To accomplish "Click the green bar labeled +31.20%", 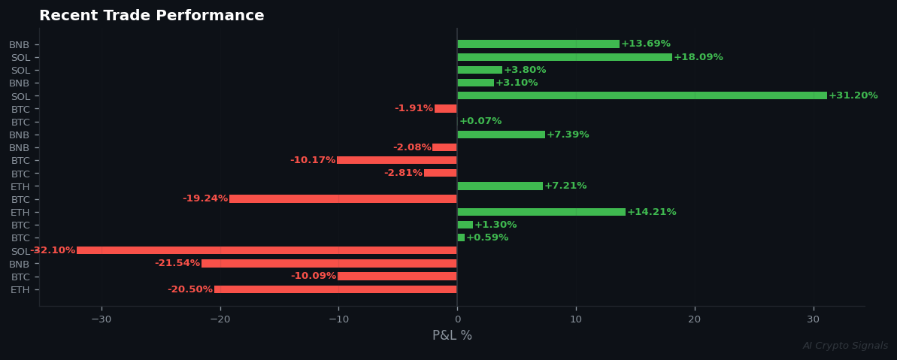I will pos(641,95).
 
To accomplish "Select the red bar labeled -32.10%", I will pos(266,250).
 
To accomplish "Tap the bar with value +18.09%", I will pos(564,57).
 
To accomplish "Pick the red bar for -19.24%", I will pos(343,199).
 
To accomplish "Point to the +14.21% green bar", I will pos(541,212).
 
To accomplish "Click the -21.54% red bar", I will pos(329,263).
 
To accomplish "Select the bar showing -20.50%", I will pos(335,289).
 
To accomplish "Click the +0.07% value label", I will pos(480,121).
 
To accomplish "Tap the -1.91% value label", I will pos(414,108).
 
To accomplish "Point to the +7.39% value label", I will pos(568,135).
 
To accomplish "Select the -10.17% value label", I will pos(313,160).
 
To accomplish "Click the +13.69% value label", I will pos(646,44).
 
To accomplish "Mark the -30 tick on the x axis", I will pos(101,319).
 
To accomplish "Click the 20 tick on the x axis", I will pos(695,319).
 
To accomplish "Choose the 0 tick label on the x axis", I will pos(457,319).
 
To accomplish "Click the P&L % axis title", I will pos(452,336).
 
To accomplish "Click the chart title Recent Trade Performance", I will pos(151,16).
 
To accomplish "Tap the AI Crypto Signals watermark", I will pos(845,346).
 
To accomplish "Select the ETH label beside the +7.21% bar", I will pos(20,186).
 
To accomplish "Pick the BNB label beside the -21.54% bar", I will pos(20,264).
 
